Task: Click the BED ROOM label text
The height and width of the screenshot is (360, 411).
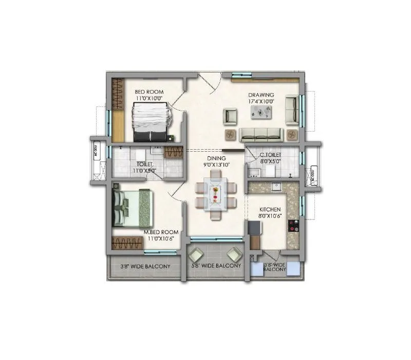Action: coord(149,92)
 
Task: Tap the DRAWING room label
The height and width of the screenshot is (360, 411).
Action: coord(261,95)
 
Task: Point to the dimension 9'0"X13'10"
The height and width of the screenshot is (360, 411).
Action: coord(215,165)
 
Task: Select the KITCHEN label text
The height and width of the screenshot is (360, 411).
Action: coord(270,209)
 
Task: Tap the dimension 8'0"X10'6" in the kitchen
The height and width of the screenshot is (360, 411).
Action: coord(270,216)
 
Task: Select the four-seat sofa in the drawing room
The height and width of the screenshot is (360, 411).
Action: coord(261,135)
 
